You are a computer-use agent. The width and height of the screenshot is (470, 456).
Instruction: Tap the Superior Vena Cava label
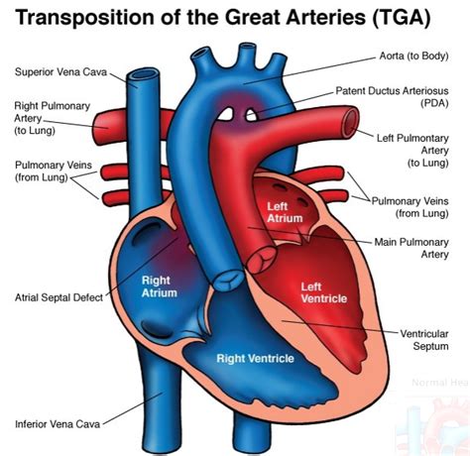(x=61, y=71)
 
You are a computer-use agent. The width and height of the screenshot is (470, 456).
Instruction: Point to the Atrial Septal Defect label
(x=60, y=296)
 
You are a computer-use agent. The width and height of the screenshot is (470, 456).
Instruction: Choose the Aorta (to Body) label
(x=401, y=57)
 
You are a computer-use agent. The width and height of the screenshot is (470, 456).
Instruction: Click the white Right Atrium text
(x=160, y=286)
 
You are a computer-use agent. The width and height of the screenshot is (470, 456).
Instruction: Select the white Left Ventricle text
(x=317, y=292)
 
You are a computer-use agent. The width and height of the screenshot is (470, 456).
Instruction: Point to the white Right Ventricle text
(x=255, y=358)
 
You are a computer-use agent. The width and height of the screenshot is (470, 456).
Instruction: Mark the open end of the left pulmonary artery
(x=350, y=122)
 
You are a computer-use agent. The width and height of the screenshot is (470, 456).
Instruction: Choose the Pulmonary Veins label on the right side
(x=411, y=204)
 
